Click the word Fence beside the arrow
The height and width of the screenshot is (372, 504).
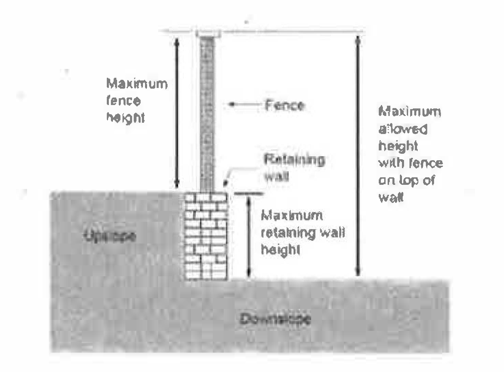tap(284, 105)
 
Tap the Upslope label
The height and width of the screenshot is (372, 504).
tap(110, 236)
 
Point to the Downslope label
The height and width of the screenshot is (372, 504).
tap(275, 319)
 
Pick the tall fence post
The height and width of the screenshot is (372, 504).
tap(207, 113)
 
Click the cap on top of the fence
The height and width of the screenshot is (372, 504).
tap(208, 33)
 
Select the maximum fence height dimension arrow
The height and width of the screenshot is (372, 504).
tap(177, 113)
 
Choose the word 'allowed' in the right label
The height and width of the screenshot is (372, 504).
tap(403, 129)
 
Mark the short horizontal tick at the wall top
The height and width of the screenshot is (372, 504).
tap(249, 194)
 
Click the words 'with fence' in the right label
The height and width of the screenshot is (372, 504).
tap(411, 163)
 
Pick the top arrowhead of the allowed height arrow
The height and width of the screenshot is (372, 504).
tap(358, 39)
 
